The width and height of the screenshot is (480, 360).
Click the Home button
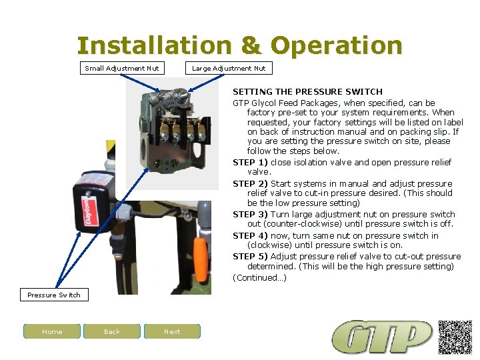point(52,331)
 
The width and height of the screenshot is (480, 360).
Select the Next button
point(172,331)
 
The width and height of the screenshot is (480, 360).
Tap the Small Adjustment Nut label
point(122,68)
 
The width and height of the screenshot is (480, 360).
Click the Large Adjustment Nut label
point(229,68)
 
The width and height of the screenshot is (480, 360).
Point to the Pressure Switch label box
point(54,295)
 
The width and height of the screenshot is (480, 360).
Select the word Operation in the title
point(337,46)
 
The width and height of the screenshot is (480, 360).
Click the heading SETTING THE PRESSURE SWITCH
point(307,91)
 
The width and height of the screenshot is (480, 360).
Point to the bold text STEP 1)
point(249,162)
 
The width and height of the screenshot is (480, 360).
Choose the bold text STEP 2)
point(249,183)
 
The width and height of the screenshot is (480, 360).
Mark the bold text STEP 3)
point(249,214)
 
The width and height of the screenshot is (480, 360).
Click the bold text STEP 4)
point(249,235)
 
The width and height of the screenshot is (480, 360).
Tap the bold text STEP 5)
point(249,256)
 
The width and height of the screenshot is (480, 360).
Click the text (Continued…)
point(259,277)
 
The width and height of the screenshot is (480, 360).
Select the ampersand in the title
point(251,46)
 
